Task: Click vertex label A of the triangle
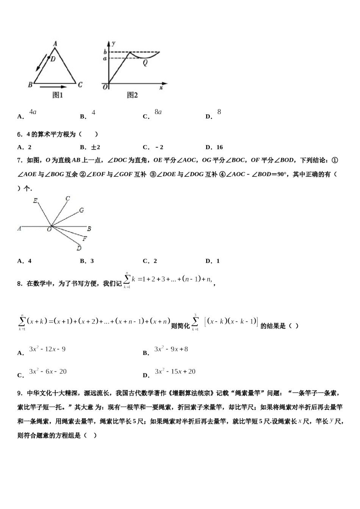pyautogui.click(x=55, y=44)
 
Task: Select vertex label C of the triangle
pyautogui.click(x=80, y=85)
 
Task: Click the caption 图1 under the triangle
pyautogui.click(x=58, y=95)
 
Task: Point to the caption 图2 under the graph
pyautogui.click(x=132, y=95)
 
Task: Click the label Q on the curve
pyautogui.click(x=145, y=63)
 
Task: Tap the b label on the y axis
pyautogui.click(x=105, y=52)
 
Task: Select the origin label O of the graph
pyautogui.click(x=105, y=87)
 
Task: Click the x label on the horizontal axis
pyautogui.click(x=161, y=87)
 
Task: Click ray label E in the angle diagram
pyautogui.click(x=35, y=201)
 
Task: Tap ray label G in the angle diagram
pyautogui.click(x=81, y=210)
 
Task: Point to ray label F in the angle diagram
pyautogui.click(x=85, y=239)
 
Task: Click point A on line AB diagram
pyautogui.click(x=19, y=229)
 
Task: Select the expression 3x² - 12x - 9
pyautogui.click(x=47, y=349)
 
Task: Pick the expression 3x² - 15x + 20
pyautogui.click(x=175, y=372)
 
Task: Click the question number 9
pyautogui.click(x=19, y=393)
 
